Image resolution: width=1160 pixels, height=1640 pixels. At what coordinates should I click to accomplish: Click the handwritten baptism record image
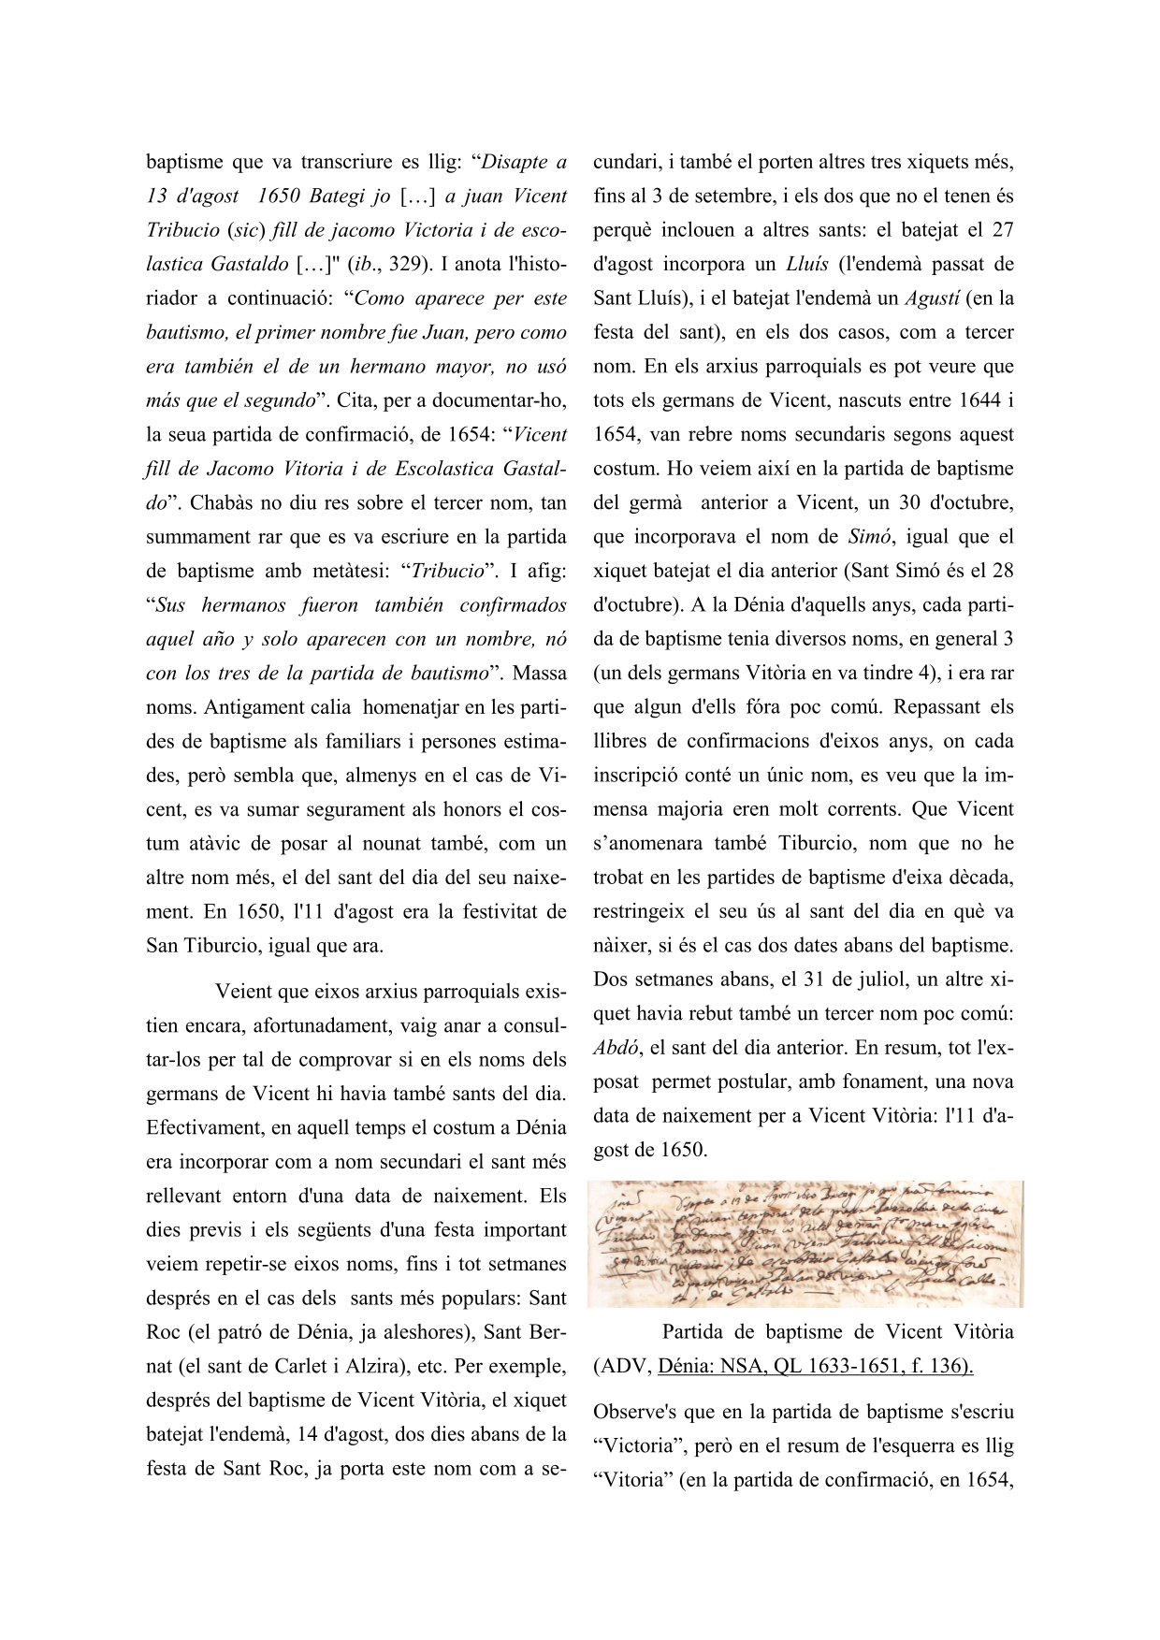tap(805, 1243)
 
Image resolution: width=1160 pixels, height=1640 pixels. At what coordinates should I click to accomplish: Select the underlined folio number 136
tap(950, 1366)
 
